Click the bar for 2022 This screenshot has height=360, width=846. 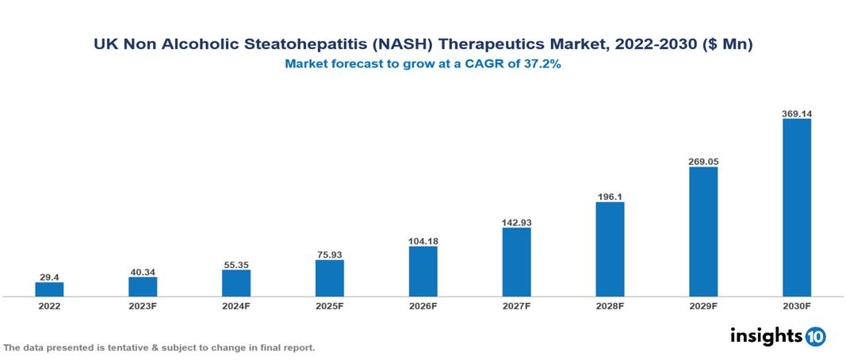coord(49,289)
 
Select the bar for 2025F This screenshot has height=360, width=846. coord(329,278)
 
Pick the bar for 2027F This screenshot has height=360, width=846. coord(516,262)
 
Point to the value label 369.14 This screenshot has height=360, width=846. coord(796,113)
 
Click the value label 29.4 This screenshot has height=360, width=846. coord(49,277)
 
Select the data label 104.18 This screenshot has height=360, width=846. coord(423,240)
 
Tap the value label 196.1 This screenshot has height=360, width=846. coord(610,196)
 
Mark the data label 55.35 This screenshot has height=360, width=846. coord(236,264)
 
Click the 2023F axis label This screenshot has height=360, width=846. coord(143,306)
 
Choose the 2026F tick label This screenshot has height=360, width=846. coord(423,306)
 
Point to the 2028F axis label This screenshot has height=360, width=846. coord(610,306)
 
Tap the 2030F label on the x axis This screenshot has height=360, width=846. coord(796,306)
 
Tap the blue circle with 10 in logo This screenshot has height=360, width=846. coord(815,336)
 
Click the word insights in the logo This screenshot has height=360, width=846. coord(766,335)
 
